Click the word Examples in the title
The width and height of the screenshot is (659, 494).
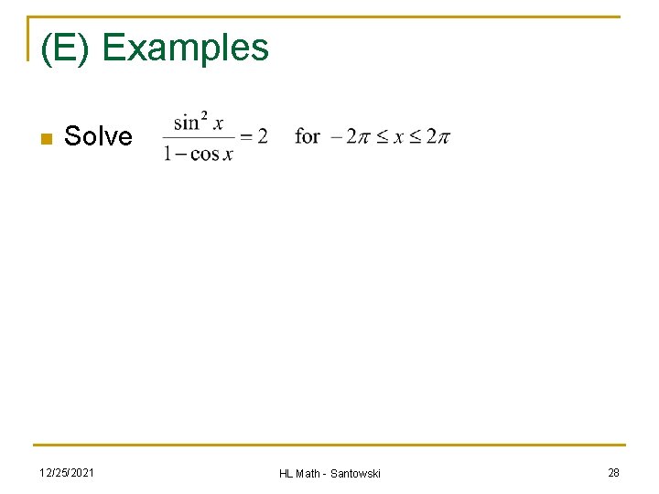click(186, 48)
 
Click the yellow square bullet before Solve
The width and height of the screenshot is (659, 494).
click(44, 139)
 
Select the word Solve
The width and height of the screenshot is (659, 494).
click(98, 136)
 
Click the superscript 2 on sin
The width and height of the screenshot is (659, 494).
click(204, 116)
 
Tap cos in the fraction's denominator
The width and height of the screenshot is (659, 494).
click(204, 154)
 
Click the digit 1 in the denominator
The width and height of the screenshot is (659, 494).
click(167, 153)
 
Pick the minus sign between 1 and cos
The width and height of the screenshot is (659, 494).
click(180, 154)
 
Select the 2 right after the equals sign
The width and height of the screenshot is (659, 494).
click(263, 136)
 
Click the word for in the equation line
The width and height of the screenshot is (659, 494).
click(308, 136)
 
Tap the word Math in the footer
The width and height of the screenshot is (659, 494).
click(308, 473)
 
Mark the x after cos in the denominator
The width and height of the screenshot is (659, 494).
click(228, 154)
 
